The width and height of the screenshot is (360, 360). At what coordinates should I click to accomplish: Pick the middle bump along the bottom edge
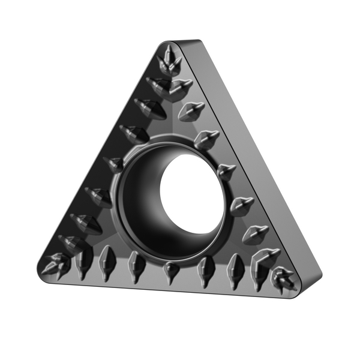click(171, 270)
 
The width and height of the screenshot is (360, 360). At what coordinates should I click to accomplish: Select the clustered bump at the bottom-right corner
click(281, 277)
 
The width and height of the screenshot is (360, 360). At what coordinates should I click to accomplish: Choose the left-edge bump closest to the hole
click(113, 164)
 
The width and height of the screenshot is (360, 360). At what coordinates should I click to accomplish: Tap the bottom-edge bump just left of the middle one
click(136, 264)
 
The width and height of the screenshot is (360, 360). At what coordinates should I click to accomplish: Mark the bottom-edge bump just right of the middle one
click(205, 268)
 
